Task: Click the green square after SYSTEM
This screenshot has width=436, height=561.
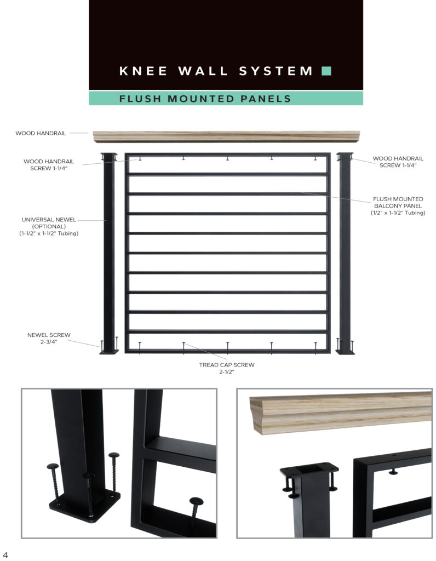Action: (326, 71)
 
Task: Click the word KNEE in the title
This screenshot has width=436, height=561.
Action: (143, 71)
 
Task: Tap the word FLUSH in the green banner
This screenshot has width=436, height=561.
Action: (140, 99)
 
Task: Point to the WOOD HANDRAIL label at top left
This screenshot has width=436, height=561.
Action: (41, 133)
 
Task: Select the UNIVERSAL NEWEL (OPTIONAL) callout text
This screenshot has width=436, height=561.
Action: (49, 223)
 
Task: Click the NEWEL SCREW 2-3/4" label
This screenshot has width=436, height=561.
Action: (49, 338)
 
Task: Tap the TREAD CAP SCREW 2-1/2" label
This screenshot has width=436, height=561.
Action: (227, 368)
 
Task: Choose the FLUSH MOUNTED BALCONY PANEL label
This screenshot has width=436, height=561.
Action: (398, 202)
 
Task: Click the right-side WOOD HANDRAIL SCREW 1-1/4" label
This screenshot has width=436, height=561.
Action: (398, 162)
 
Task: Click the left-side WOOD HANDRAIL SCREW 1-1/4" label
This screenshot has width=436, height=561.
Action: (49, 164)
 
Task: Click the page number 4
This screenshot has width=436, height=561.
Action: (5, 554)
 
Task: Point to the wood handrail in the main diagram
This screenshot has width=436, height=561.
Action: (226, 136)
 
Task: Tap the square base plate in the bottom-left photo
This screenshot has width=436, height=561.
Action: (85, 506)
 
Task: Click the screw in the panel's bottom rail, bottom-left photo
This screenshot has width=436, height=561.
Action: (196, 511)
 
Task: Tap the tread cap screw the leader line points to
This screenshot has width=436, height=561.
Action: (184, 348)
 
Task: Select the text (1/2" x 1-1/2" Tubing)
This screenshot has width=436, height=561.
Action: (398, 213)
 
